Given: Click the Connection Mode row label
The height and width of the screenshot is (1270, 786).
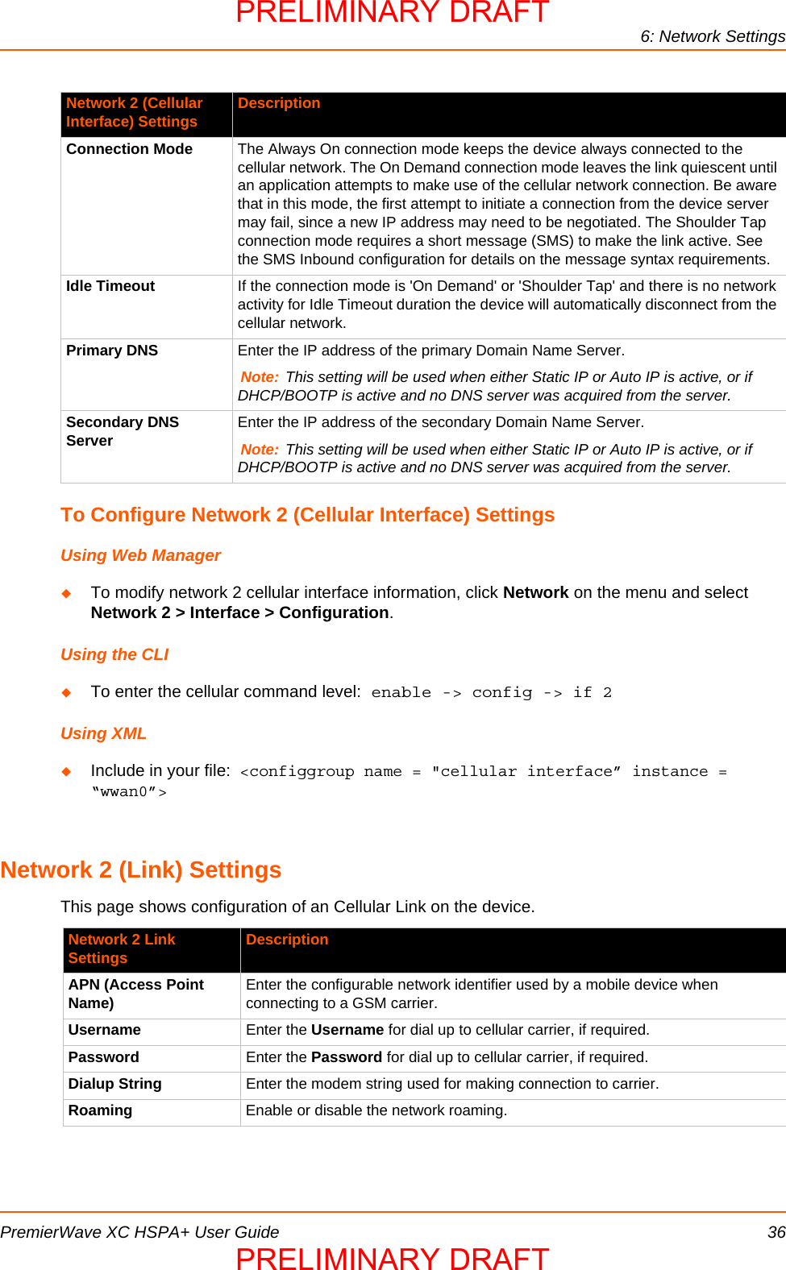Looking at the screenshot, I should coord(129,149).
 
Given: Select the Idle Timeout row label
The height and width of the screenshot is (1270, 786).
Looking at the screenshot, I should coord(110,286).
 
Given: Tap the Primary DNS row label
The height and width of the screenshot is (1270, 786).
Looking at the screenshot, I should coord(112,351).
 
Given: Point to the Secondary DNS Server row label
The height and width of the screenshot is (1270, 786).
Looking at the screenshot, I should coord(122,431).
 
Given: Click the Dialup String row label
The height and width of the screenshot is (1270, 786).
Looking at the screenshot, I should coord(114,1084).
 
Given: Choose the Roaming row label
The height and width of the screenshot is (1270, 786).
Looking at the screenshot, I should coord(100,1110).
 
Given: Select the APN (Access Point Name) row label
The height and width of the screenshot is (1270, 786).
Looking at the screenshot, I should coord(135,994).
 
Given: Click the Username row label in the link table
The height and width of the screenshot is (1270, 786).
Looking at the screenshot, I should coord(104,1030).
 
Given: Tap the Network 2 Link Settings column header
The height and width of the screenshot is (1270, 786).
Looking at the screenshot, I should coord(121,948).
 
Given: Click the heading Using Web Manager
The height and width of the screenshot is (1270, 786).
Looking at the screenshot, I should coord(140,555).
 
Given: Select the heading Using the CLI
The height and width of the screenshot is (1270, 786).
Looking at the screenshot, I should coord(114,654).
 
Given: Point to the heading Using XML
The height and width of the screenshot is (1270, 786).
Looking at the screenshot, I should coord(103,733).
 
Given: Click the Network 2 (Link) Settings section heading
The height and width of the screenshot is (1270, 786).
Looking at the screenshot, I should coord(140,869).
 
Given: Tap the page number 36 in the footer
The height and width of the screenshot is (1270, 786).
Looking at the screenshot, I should coord(776,1232).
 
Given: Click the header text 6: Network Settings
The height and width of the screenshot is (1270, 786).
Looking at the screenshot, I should coord(713,36).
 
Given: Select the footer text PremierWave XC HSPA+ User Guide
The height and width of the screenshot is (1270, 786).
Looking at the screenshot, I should coord(139,1232).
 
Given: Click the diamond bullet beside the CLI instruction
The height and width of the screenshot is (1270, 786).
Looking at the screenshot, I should coord(67,692).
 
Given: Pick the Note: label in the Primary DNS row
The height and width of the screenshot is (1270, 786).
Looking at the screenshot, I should coord(260,377).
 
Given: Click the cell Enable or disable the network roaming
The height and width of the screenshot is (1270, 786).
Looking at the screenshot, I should coord(376,1110).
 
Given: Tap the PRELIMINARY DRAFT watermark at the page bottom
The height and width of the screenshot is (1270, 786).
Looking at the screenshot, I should coord(393,1258).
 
